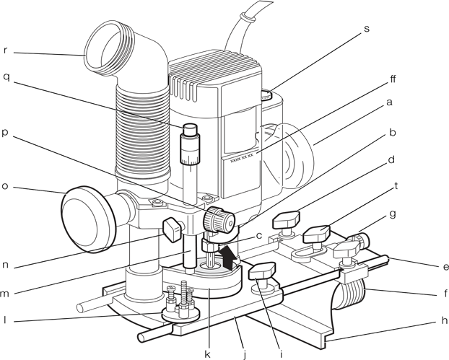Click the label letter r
pyautogui.click(x=6, y=52)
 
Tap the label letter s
pyautogui.click(x=366, y=29)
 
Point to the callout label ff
pyautogui.click(x=392, y=78)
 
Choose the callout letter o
pyautogui.click(x=6, y=185)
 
